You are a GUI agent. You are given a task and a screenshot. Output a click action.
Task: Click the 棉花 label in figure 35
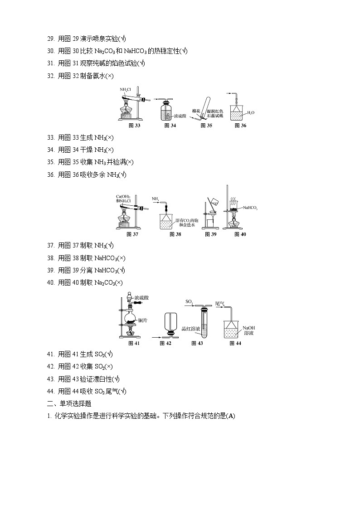(x=196, y=111)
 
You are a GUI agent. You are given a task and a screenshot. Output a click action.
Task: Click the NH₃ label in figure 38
(x=156, y=198)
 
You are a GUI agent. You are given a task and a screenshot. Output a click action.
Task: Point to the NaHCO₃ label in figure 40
(x=250, y=208)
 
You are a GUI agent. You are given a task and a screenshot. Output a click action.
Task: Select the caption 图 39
(x=210, y=234)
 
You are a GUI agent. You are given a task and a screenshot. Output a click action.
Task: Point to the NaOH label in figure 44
(x=248, y=327)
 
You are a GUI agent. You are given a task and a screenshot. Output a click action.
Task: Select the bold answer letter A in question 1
(x=231, y=416)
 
